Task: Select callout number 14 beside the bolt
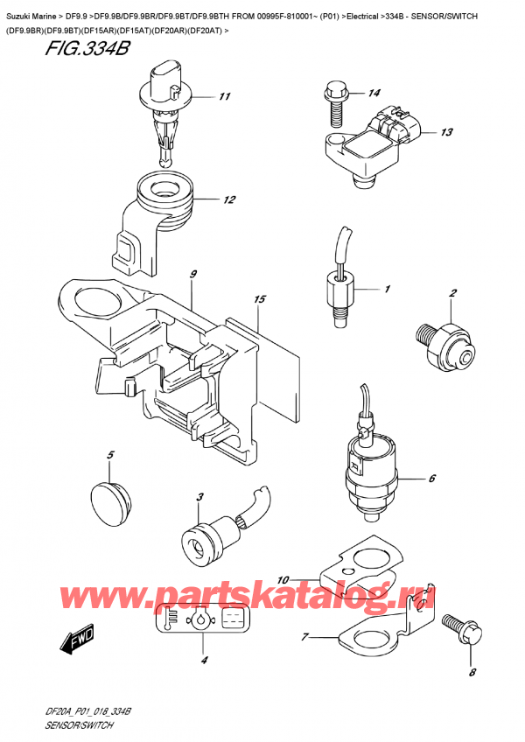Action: tap(374, 93)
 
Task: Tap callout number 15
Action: tap(258, 300)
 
